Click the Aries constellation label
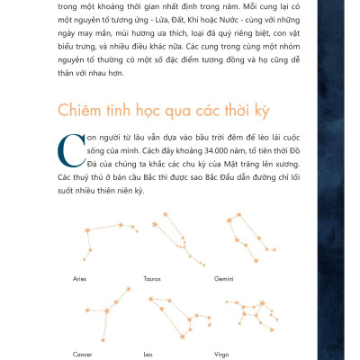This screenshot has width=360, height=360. tap(79, 280)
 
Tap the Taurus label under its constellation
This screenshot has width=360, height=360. tap(152, 280)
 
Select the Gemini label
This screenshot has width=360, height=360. tap(223, 280)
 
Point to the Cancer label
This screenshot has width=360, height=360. tap(83, 354)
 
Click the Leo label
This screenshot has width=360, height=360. tap(148, 354)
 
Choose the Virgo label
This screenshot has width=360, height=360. tap(221, 354)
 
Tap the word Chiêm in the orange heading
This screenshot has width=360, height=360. tap(81, 111)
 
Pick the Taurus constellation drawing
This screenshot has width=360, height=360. tap(161, 238)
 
